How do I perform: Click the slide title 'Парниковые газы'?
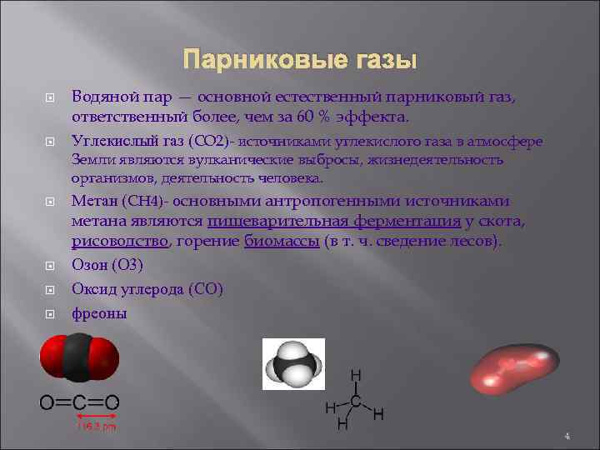pyautogui.click(x=299, y=61)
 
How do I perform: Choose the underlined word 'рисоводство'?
pyautogui.click(x=120, y=242)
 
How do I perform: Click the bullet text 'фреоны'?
pyautogui.click(x=99, y=314)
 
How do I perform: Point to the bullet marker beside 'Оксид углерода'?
pyautogui.click(x=49, y=291)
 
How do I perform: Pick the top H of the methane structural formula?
pyautogui.click(x=356, y=377)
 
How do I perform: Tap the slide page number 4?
pyautogui.click(x=567, y=436)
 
